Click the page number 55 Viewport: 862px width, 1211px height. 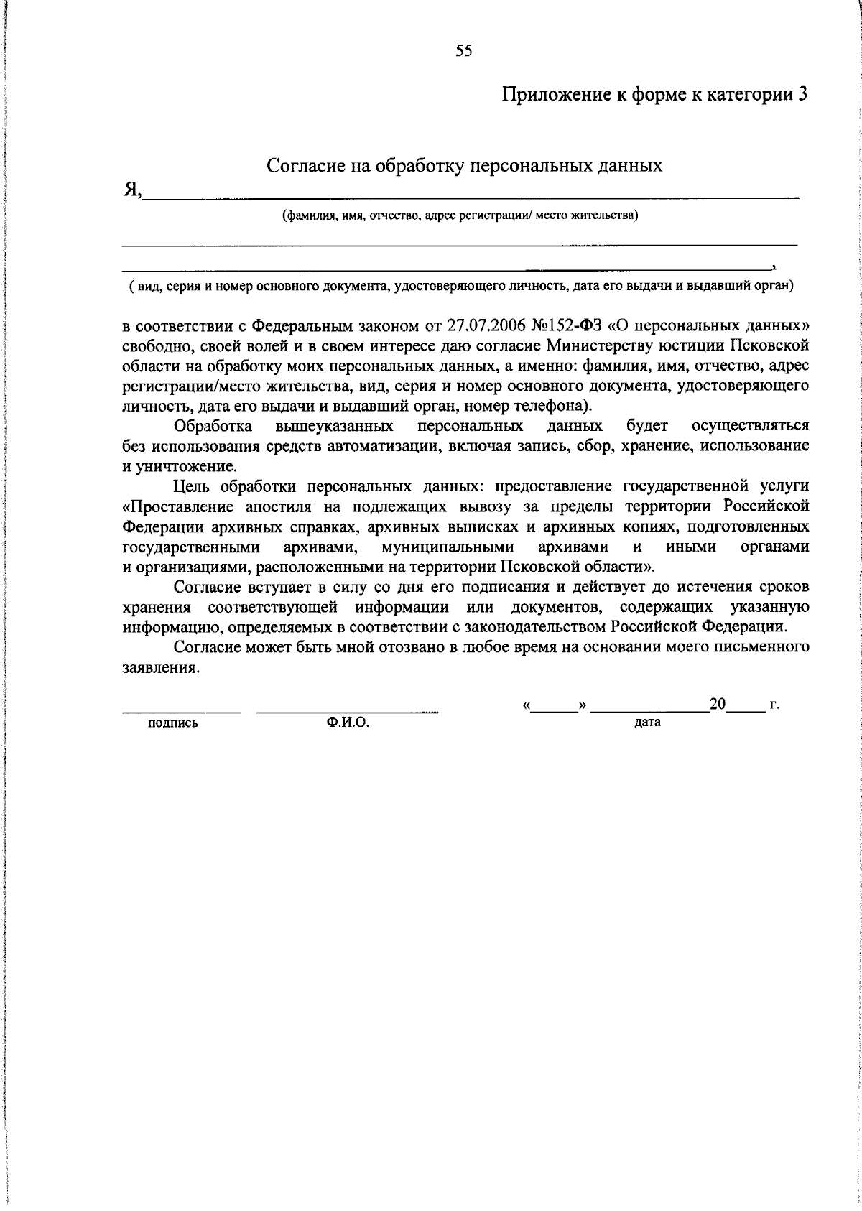click(x=463, y=50)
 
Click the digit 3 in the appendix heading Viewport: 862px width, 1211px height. click(x=803, y=95)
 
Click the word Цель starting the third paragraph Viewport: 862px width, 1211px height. click(x=192, y=486)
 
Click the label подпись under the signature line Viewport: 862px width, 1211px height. click(x=172, y=724)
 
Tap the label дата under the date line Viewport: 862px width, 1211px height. click(x=647, y=723)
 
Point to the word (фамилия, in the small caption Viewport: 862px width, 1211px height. click(x=308, y=215)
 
